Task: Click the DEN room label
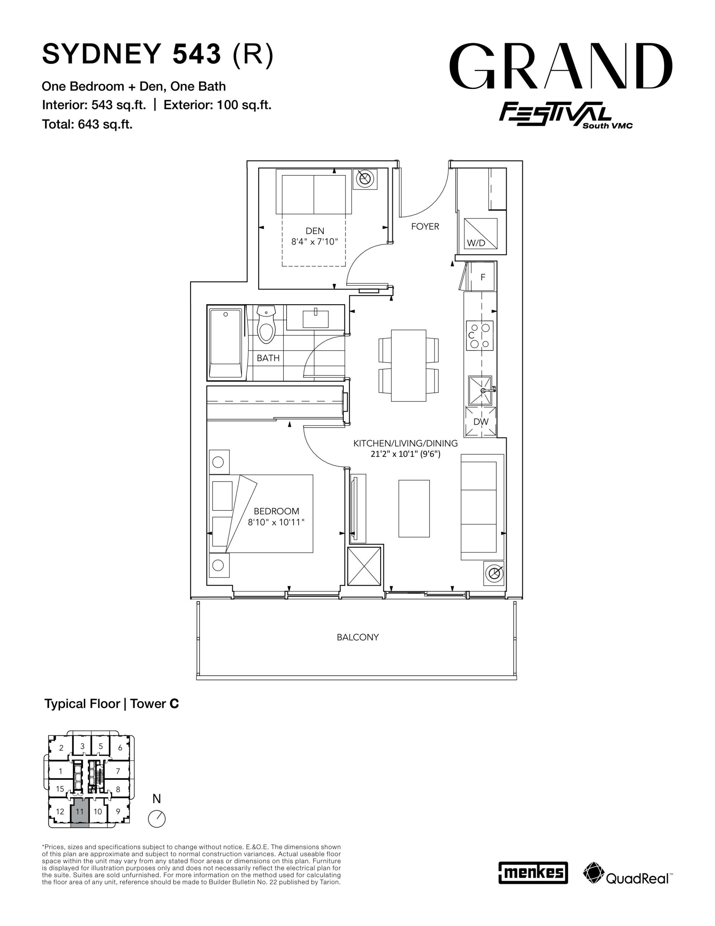click(x=315, y=231)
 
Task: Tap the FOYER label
click(x=425, y=227)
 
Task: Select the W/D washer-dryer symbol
click(x=481, y=233)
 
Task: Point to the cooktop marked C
click(x=480, y=335)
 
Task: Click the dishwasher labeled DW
click(x=481, y=421)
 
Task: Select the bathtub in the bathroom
click(x=226, y=343)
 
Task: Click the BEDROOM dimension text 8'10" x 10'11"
click(x=276, y=522)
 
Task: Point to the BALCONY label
click(x=358, y=637)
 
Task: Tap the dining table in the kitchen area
click(x=408, y=365)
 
